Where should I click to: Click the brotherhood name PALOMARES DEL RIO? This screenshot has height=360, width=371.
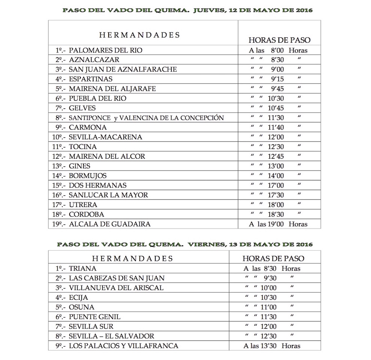(x=106, y=50)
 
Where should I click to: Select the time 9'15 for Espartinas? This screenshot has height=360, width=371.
(x=277, y=79)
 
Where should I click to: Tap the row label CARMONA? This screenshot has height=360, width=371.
(x=88, y=127)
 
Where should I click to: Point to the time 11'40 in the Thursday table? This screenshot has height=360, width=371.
(x=276, y=127)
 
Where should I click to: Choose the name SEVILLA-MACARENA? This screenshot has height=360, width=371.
(x=105, y=137)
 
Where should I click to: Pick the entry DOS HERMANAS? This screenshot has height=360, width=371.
(x=98, y=185)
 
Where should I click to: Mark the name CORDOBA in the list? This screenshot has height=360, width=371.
(x=86, y=214)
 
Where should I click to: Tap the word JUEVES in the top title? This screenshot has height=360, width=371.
(x=206, y=10)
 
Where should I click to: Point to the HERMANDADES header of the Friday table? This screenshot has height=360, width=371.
(x=132, y=258)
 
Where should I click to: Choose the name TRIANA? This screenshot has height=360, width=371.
(x=82, y=268)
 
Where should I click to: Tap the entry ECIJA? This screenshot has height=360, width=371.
(x=79, y=298)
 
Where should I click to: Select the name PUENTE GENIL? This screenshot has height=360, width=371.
(x=94, y=317)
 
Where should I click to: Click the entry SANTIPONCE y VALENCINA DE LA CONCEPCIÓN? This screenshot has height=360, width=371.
(x=146, y=118)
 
